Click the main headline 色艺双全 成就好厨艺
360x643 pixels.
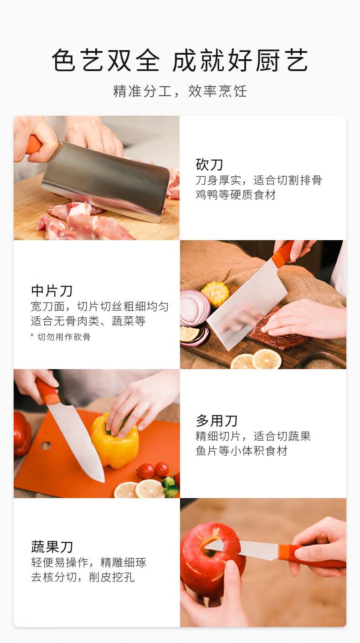(180, 60)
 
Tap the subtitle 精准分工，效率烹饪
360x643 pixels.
(180, 91)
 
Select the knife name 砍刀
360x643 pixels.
(209, 165)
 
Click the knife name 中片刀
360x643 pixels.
(51, 291)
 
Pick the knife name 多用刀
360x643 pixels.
(216, 421)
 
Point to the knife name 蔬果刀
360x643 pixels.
(51, 547)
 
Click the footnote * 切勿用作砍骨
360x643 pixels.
(61, 337)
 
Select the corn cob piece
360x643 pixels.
(215, 294)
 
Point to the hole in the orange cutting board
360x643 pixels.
(46, 446)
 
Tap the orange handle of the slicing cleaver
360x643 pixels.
(283, 254)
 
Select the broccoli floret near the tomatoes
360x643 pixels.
(170, 486)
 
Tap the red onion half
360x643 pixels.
(195, 308)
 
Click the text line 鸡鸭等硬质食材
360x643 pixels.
(236, 195)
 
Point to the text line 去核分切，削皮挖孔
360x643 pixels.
(82, 577)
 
